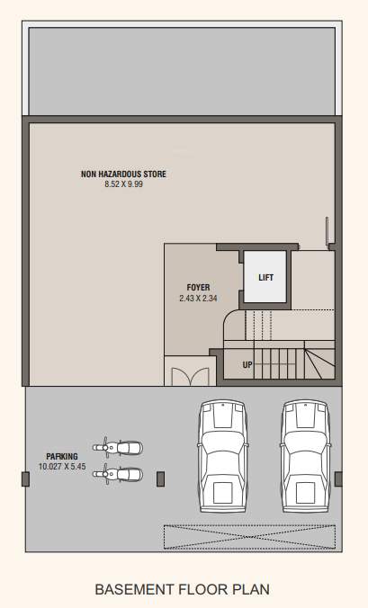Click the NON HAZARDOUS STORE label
(x=122, y=174)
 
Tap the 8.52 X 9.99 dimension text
(x=122, y=183)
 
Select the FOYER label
(x=198, y=287)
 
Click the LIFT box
(x=265, y=277)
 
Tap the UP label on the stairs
(x=247, y=365)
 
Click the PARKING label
(x=62, y=456)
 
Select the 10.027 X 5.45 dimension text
(x=62, y=466)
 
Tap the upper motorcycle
(x=119, y=446)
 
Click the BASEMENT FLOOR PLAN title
(x=183, y=590)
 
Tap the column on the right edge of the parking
(x=338, y=478)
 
